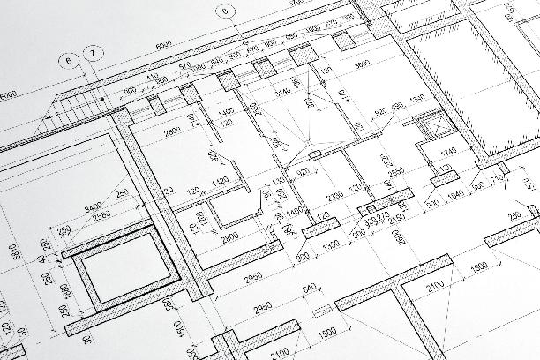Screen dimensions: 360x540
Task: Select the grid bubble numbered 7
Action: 93,54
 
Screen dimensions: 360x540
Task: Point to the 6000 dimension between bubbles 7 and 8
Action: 163,44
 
